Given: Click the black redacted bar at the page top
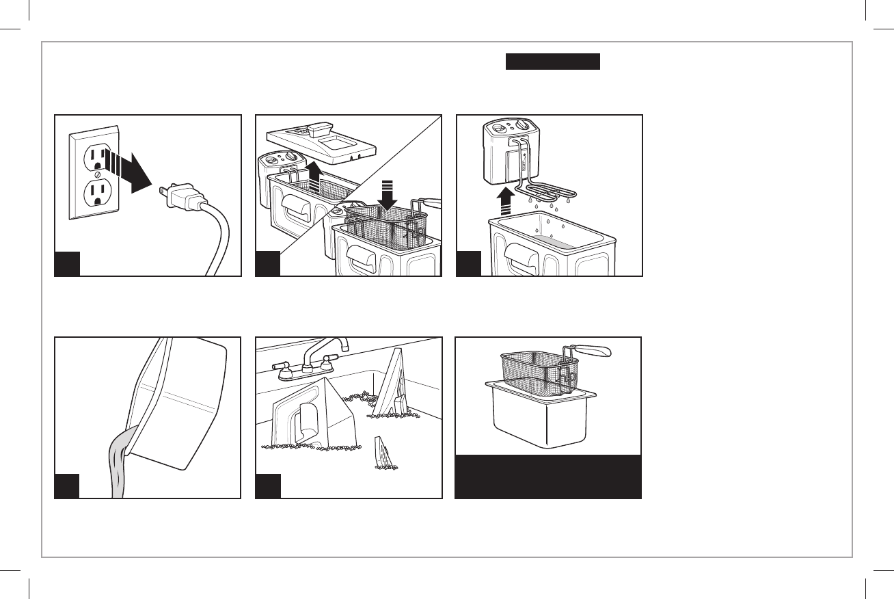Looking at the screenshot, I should coord(552,62).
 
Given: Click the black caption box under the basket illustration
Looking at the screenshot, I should coord(548,476).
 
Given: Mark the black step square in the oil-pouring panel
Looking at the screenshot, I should coord(67,485).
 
